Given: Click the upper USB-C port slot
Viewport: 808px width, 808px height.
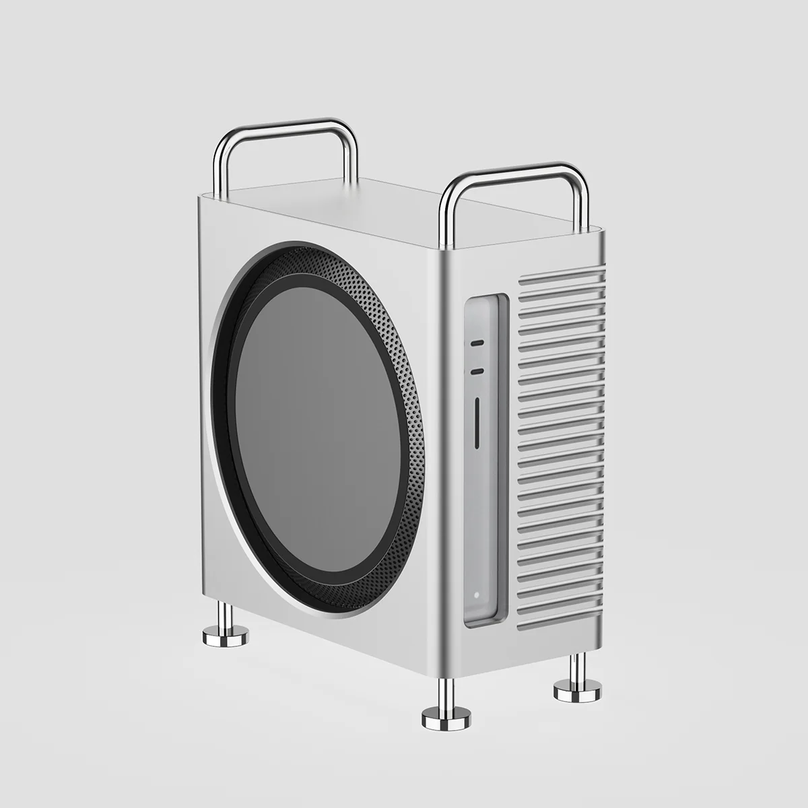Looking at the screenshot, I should click(477, 342).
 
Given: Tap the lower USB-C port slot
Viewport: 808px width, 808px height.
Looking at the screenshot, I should click(477, 370).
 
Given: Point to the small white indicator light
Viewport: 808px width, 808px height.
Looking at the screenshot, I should click(475, 595).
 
